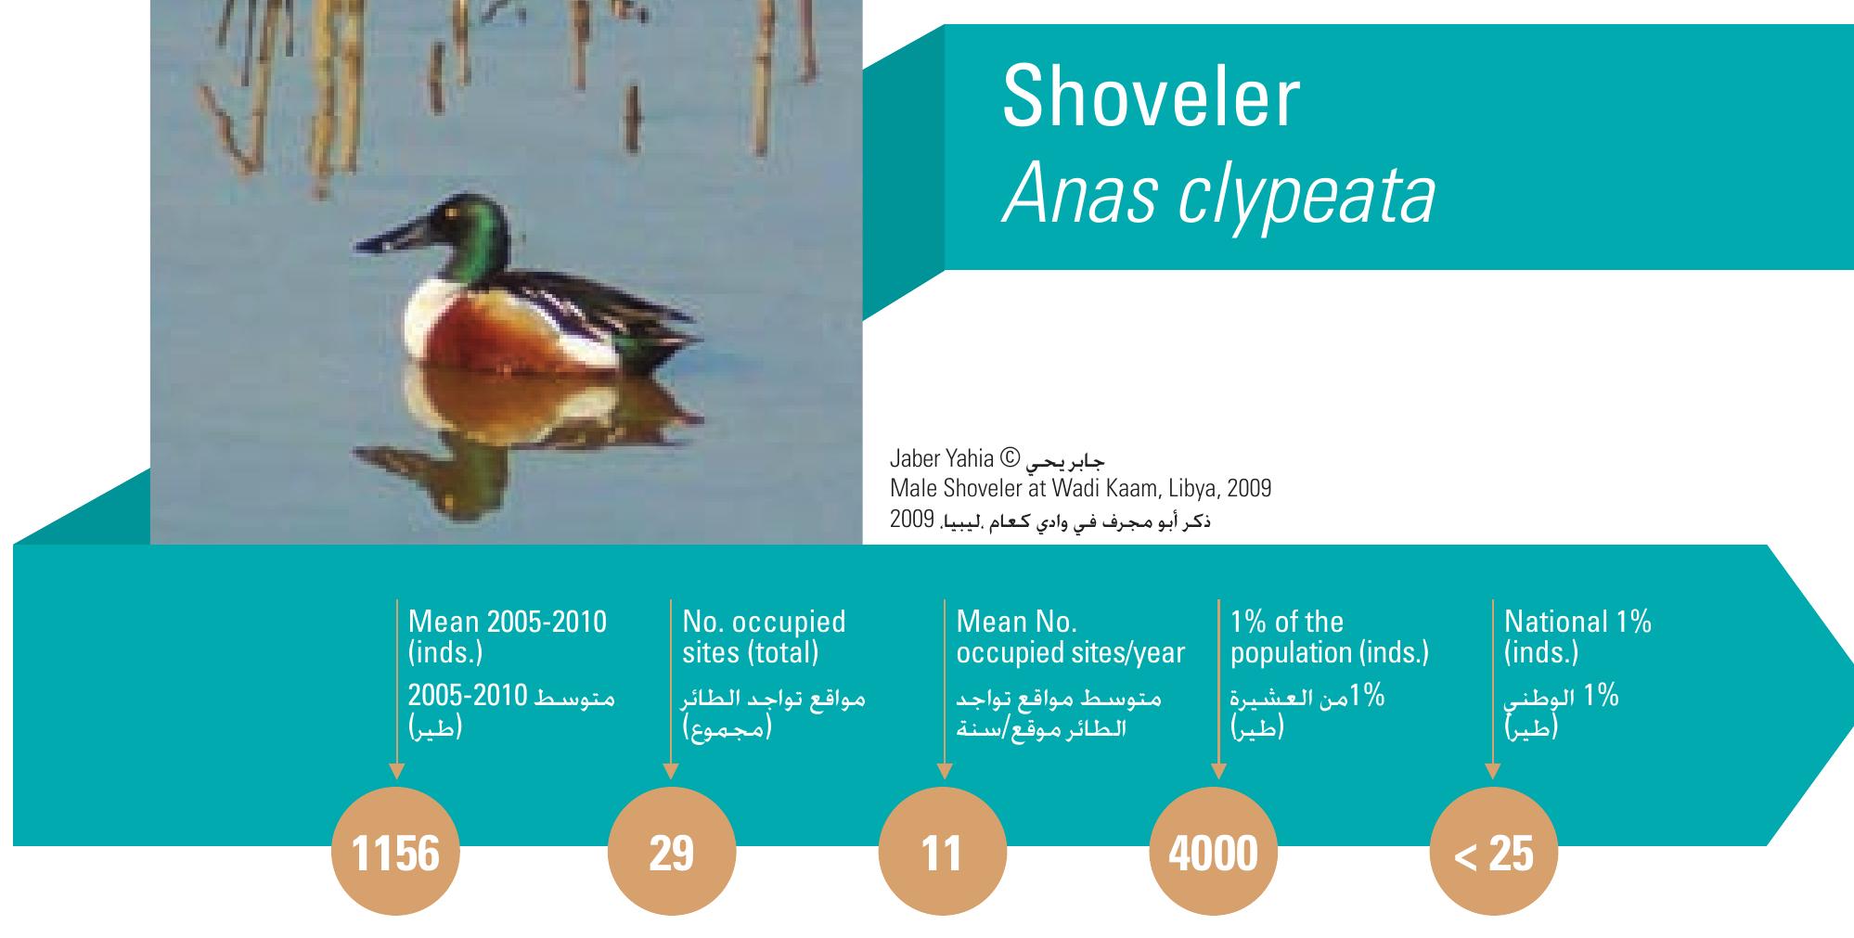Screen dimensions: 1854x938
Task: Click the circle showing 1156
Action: (396, 852)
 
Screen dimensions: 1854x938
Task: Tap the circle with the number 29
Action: (671, 852)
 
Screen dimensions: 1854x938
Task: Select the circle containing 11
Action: (942, 852)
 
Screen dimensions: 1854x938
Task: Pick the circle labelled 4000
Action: (1214, 852)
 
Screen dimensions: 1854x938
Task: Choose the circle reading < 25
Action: (1494, 852)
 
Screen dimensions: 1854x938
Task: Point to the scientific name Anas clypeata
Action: (1218, 196)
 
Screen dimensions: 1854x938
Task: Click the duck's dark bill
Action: (397, 233)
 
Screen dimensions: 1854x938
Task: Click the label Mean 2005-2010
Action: (508, 622)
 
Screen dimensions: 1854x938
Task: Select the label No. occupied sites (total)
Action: (765, 636)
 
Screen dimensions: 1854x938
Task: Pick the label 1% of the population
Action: (1330, 636)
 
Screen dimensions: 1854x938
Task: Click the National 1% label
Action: (1577, 622)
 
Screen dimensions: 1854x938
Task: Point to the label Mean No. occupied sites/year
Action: (1071, 636)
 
